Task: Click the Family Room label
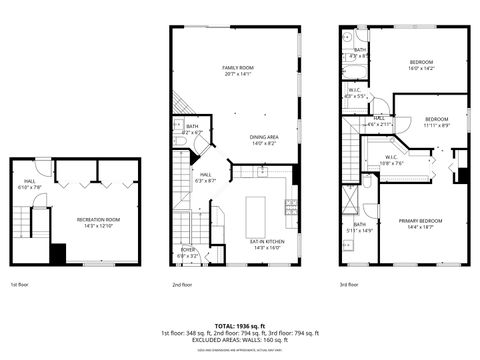tap(237, 67)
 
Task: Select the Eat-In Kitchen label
tap(267, 241)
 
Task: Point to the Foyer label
tap(189, 251)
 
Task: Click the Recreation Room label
tap(98, 218)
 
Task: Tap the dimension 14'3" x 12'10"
tap(98, 225)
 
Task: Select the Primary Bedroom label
tap(420, 221)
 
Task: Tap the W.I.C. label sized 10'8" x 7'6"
tap(392, 158)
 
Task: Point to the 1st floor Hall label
tap(30, 182)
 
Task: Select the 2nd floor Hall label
tap(202, 175)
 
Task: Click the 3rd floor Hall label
tap(380, 119)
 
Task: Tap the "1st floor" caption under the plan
tap(20, 283)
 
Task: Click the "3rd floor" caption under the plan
tap(349, 283)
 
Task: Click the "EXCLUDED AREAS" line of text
tap(240, 340)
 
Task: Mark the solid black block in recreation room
tap(58, 253)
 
